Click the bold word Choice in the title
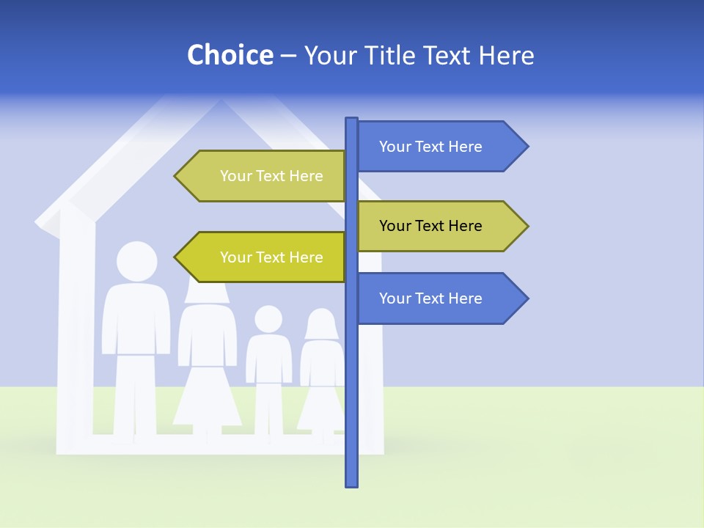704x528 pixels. pos(230,55)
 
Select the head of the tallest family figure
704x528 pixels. pos(136,262)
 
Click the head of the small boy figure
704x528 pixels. pos(268,319)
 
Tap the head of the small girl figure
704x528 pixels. pos(321,323)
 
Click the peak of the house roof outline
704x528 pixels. pos(220,103)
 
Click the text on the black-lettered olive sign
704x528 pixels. pos(430,226)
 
